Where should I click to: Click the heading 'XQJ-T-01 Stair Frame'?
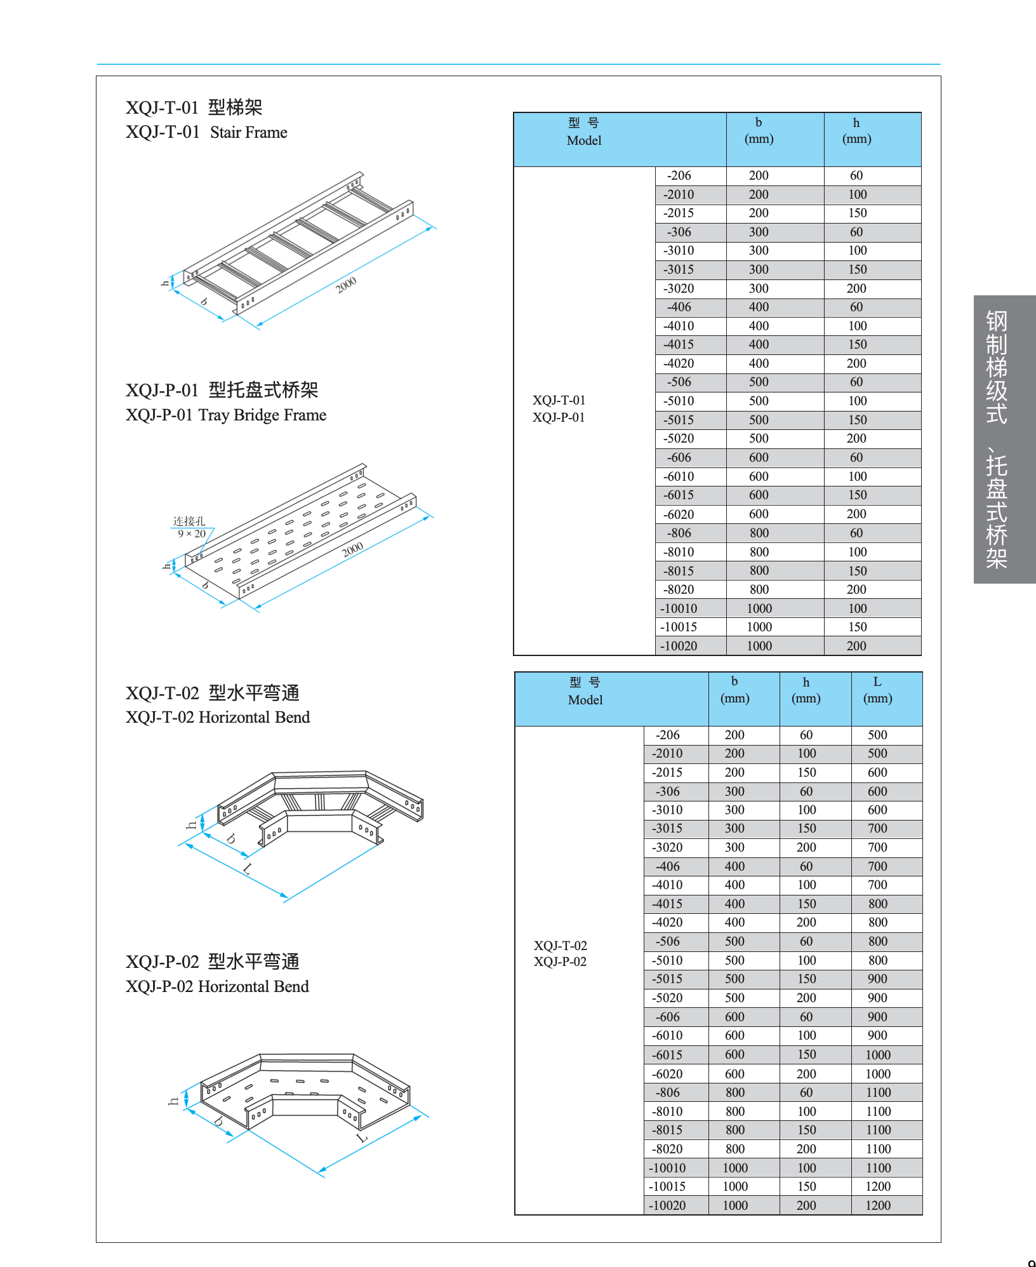(206, 132)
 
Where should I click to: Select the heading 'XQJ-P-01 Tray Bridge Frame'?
(226, 415)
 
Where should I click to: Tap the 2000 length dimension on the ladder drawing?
(346, 285)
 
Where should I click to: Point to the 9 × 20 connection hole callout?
(192, 533)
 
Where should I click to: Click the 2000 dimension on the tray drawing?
(352, 549)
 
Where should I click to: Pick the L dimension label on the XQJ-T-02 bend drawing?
(248, 869)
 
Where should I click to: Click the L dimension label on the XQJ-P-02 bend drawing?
(362, 1137)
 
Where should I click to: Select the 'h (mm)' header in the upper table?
(856, 131)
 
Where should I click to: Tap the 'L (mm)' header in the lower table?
(877, 690)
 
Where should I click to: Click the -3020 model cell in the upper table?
(679, 288)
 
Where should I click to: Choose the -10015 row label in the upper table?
(678, 627)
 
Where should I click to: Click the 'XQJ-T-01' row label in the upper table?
(559, 400)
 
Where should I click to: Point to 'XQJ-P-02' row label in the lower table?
(560, 962)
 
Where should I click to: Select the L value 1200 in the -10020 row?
(878, 1205)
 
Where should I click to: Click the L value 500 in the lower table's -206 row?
(877, 735)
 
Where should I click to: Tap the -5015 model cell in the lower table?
(667, 979)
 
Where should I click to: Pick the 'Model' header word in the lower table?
(585, 700)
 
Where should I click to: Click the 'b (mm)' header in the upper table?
(759, 131)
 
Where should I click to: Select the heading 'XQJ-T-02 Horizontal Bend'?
(218, 717)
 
